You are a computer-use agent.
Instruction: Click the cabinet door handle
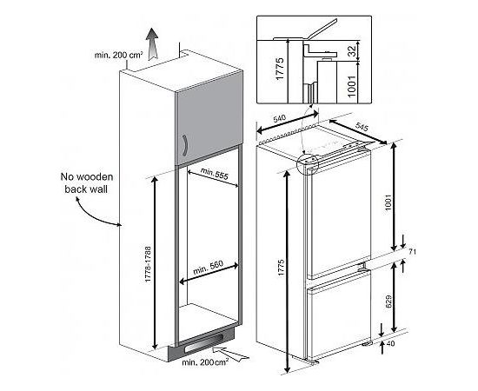(185, 145)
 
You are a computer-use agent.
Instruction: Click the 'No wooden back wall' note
(87, 182)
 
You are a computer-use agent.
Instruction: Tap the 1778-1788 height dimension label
(148, 264)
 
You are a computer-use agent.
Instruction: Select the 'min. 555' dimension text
(215, 174)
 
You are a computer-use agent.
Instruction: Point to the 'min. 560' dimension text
(209, 268)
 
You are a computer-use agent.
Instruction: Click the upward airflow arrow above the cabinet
(152, 43)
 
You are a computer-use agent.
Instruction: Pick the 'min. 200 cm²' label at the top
(118, 55)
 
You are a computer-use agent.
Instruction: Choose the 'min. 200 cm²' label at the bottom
(205, 362)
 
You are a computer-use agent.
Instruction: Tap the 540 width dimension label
(280, 117)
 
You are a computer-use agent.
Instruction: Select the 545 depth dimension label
(362, 127)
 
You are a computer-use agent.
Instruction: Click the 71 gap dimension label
(412, 252)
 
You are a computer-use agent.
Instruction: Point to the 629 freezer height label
(388, 302)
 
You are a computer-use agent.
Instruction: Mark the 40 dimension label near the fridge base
(390, 343)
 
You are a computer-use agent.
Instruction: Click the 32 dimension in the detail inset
(352, 51)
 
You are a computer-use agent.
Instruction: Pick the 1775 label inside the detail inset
(280, 69)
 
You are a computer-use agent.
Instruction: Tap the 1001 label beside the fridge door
(388, 202)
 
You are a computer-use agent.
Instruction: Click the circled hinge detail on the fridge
(308, 163)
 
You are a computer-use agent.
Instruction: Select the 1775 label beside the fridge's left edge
(281, 268)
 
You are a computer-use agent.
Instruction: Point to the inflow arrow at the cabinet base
(230, 354)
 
